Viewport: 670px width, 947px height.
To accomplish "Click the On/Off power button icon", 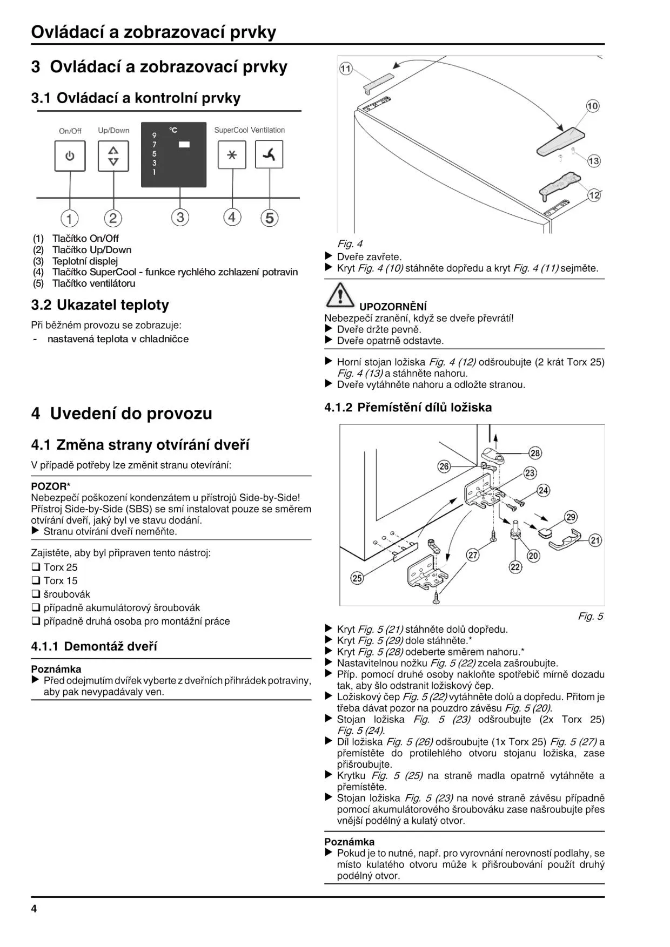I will (70, 156).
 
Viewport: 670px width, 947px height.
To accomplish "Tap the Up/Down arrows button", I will (113, 156).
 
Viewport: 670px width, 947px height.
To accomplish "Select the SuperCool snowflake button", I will (232, 155).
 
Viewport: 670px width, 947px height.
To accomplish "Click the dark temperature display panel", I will (173, 154).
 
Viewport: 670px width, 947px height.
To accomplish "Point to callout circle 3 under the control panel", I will (180, 217).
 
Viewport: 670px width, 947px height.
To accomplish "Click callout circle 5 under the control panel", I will (269, 218).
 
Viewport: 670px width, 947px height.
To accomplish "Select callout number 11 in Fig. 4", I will (346, 69).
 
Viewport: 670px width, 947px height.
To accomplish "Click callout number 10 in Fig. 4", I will (592, 106).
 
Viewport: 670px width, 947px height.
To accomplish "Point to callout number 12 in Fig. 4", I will (594, 195).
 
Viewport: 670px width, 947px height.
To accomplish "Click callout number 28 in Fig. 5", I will (535, 453).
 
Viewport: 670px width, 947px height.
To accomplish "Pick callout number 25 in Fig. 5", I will (357, 578).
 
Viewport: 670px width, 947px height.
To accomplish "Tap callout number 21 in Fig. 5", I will (595, 540).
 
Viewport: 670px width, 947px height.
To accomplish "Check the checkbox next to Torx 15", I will (36, 581).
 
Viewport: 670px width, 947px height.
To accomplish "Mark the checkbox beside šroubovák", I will (36, 594).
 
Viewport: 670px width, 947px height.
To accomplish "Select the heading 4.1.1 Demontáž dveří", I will (94, 646).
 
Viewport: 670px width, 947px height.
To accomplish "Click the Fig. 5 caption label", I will (590, 616).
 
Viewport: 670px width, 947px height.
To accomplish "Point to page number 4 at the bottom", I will (34, 909).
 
